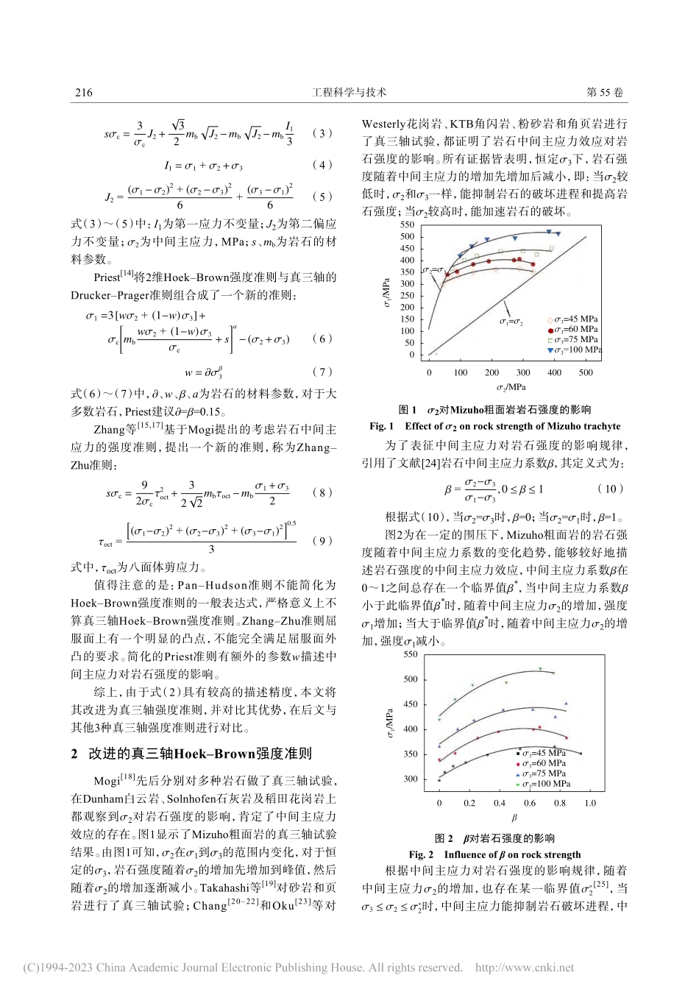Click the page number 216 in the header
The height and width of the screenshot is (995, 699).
[84, 92]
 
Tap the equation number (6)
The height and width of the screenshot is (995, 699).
[322, 339]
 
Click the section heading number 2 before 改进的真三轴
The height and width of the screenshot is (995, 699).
[74, 754]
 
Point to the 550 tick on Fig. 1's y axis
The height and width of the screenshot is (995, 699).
[407, 224]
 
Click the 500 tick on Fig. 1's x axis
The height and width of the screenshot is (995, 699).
[585, 372]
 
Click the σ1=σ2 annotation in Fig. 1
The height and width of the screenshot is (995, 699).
[511, 322]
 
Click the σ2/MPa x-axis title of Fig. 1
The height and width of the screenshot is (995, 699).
[511, 387]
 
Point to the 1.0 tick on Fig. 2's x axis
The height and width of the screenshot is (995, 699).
[590, 803]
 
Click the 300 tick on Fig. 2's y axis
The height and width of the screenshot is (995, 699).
[410, 779]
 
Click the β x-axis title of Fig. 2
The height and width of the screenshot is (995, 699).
[514, 818]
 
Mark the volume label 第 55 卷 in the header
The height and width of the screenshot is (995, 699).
[604, 92]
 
